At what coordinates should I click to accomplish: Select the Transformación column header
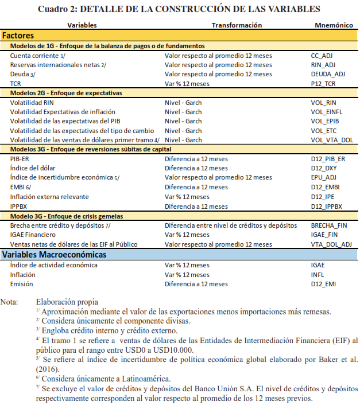[x=237, y=25]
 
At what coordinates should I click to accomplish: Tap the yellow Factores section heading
[x=18, y=36]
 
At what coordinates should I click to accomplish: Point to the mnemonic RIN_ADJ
[x=323, y=65]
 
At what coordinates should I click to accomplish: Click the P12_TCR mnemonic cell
[x=323, y=83]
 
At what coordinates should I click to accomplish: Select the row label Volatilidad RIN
[x=32, y=102]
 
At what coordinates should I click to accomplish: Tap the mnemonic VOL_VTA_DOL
[x=331, y=139]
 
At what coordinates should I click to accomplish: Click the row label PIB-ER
[x=20, y=158]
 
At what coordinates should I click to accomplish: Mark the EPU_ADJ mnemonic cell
[x=323, y=177]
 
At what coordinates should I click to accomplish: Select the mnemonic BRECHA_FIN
[x=330, y=225]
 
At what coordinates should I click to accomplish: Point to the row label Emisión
[x=22, y=284]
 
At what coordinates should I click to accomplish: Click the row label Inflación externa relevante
[x=49, y=196]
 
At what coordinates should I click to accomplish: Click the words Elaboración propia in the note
[x=67, y=302]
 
